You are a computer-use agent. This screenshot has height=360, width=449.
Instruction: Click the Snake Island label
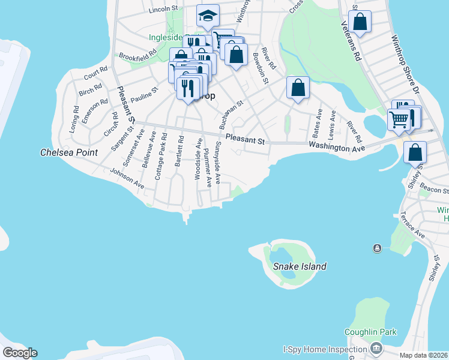click(300, 266)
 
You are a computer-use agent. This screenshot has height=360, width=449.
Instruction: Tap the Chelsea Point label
click(68, 152)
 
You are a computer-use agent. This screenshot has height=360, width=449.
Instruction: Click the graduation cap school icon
click(208, 17)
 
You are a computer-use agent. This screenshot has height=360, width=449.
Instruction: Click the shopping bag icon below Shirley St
click(415, 153)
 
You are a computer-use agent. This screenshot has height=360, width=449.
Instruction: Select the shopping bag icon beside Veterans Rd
click(360, 22)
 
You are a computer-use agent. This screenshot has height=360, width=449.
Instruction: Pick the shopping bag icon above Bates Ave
click(298, 88)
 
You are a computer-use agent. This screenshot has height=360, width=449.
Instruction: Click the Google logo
click(19, 353)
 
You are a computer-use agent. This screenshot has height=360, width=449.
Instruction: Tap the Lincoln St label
click(164, 10)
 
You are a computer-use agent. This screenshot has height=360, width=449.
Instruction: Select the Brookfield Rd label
click(137, 55)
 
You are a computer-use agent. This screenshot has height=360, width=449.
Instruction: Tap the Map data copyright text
click(424, 355)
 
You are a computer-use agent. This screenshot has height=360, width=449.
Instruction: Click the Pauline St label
click(143, 95)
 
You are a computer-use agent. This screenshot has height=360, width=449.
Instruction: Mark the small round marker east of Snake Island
click(377, 248)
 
